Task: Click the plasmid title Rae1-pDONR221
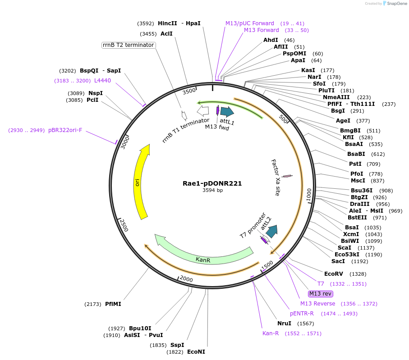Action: pos(212,183)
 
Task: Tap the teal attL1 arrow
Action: pos(227,112)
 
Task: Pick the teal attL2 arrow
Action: pos(271,232)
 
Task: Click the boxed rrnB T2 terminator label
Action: pos(129,45)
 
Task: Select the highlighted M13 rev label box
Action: pos(321,294)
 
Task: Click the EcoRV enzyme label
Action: pos(334,273)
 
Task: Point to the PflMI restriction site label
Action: pos(113,304)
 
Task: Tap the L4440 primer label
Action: pos(102,81)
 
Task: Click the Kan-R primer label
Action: pos(271,333)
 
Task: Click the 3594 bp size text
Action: pos(212,191)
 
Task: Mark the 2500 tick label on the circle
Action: pos(123,225)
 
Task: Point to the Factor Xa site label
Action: pos(276,177)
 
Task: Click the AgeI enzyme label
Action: pos(343,121)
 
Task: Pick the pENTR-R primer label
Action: pos(302,313)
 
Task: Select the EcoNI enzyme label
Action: pos(196,352)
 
